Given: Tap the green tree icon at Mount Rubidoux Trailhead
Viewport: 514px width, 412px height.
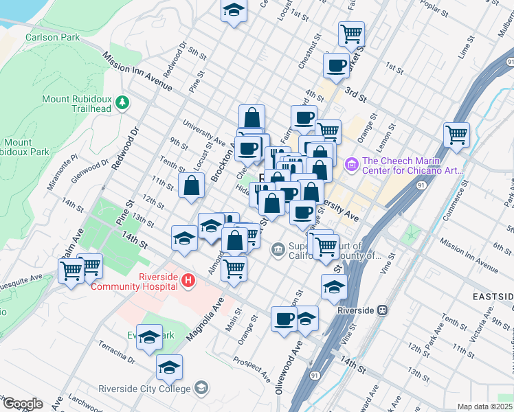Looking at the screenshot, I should (x=122, y=103).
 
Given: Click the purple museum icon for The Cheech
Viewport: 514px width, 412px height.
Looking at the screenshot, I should (x=353, y=163).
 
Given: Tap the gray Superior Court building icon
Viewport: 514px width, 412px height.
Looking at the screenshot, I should (x=278, y=249).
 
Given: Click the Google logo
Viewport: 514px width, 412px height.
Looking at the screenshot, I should (x=22, y=404).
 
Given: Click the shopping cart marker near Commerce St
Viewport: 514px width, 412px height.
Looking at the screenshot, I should (x=456, y=135).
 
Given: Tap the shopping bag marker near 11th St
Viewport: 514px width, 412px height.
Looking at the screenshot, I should (x=192, y=185).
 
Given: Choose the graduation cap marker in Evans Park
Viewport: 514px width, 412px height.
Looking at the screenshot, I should (x=149, y=336).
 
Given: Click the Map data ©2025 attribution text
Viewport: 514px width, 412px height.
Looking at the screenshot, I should (x=484, y=407).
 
